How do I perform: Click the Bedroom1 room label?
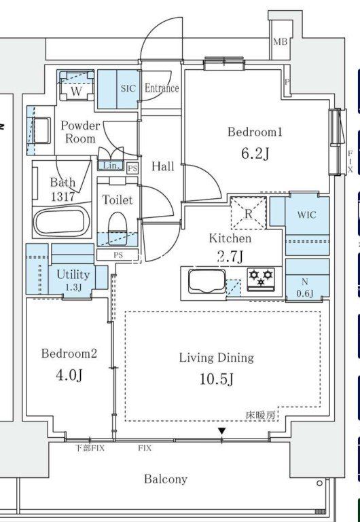[x=255, y=132]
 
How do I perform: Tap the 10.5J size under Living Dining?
[x=217, y=379]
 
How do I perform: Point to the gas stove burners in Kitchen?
[x=261, y=279]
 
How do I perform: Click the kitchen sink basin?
[x=206, y=281]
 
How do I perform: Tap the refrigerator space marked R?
[x=249, y=213]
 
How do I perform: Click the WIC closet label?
[x=307, y=215]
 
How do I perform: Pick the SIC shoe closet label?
[x=128, y=88]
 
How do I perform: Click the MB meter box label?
[x=280, y=41]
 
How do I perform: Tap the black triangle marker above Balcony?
[x=222, y=431]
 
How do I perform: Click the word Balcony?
[x=166, y=479]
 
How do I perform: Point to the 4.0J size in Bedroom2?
[x=69, y=375]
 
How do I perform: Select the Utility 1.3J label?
[x=73, y=280]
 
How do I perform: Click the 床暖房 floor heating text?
[x=261, y=415]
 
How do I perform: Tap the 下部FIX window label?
[x=89, y=448]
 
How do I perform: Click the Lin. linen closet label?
[x=109, y=165]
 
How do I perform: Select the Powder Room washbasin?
[x=42, y=130]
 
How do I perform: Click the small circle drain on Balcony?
[x=319, y=483]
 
